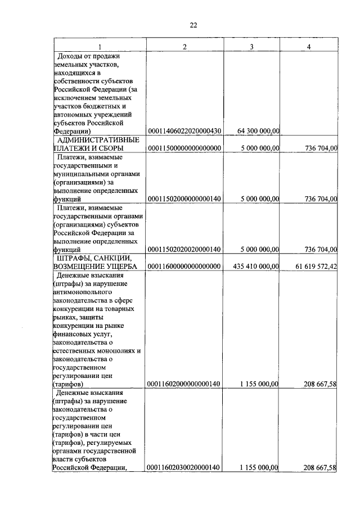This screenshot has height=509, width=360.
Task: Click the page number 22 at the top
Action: coord(193,25)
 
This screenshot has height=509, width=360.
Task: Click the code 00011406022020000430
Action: coord(184,131)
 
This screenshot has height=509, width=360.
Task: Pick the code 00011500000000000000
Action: coord(184,148)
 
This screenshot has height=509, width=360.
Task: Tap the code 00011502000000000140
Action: coord(184,199)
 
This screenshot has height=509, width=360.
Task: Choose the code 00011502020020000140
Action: coord(184,249)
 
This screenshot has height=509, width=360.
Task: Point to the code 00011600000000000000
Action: coord(184,266)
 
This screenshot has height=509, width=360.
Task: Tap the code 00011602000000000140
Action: coord(184,384)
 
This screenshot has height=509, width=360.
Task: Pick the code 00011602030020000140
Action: coord(184,467)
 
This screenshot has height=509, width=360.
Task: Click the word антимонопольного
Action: coord(83,292)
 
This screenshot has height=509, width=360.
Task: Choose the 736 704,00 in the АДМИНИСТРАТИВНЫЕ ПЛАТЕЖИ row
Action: coord(321,148)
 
